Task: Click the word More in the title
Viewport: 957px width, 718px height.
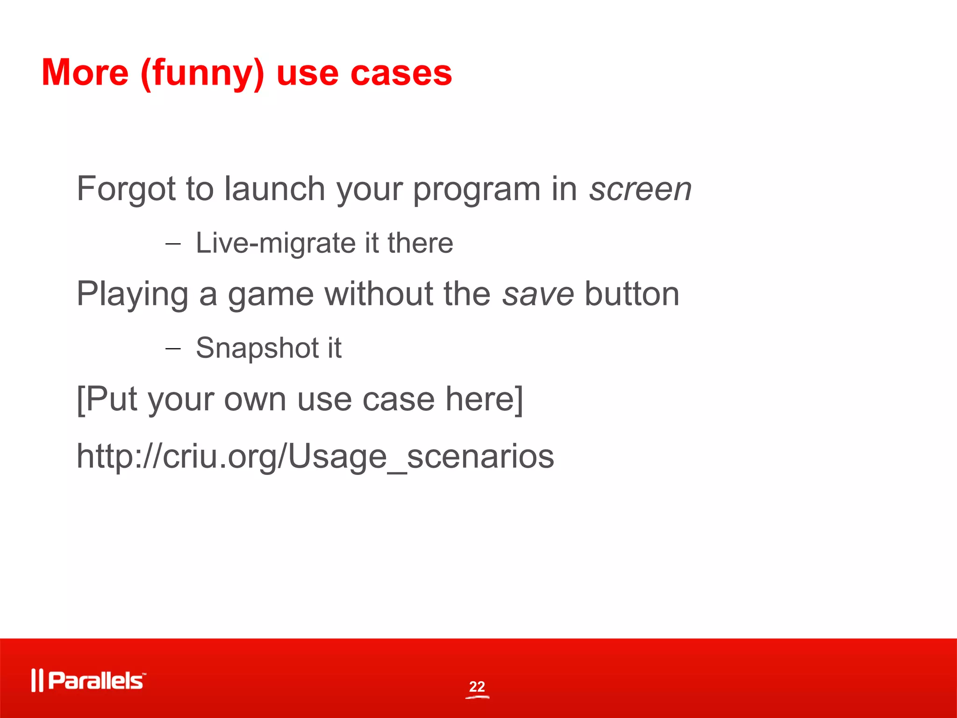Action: [x=85, y=73]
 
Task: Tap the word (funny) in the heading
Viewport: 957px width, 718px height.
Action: [x=202, y=74]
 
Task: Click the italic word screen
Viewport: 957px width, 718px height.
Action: [x=640, y=189]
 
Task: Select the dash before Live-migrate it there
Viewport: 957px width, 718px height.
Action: [x=173, y=244]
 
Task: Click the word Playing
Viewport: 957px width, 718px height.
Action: [x=132, y=295]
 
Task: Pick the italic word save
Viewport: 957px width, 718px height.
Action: [x=538, y=294]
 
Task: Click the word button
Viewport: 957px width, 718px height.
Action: [x=632, y=294]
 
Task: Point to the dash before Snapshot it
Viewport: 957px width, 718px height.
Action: [x=173, y=349]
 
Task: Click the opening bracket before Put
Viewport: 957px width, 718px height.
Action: [x=80, y=400]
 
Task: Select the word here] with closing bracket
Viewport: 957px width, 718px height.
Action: [x=484, y=399]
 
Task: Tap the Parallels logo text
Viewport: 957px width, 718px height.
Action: [x=96, y=681]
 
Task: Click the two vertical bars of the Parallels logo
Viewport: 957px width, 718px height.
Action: [x=37, y=681]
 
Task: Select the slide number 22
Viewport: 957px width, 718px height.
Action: [x=477, y=686]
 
